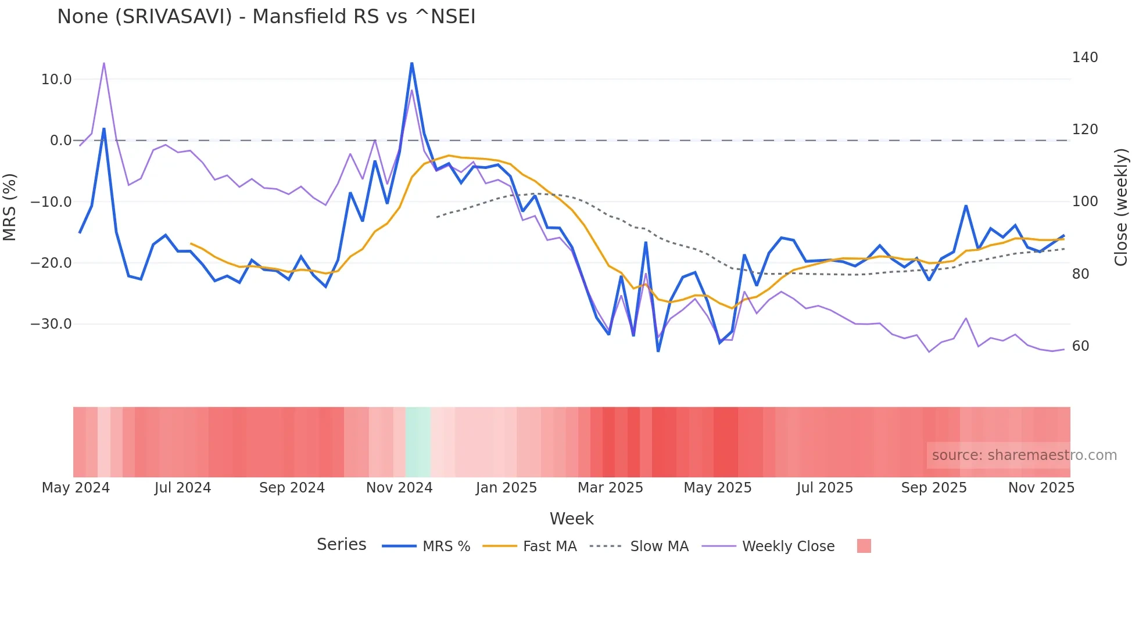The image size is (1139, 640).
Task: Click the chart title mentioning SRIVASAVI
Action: (x=266, y=17)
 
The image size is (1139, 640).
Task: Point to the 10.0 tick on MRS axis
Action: (x=56, y=80)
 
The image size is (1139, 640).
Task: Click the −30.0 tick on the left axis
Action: (x=51, y=324)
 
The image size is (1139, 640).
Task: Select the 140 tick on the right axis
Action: (x=1084, y=57)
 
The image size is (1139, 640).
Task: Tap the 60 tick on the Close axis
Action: (x=1080, y=346)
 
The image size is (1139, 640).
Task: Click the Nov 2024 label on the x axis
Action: (x=399, y=488)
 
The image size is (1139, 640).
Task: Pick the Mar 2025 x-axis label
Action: (x=610, y=488)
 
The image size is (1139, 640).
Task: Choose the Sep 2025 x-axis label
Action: (x=933, y=488)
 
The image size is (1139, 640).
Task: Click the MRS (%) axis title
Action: (x=10, y=207)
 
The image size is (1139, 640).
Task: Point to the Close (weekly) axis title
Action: (x=1121, y=207)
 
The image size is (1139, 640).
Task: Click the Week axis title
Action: (x=571, y=519)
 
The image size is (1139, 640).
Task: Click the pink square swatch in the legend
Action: (x=864, y=546)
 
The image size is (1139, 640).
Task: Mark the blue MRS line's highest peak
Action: (x=411, y=63)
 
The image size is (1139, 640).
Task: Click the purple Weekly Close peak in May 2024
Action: (x=104, y=63)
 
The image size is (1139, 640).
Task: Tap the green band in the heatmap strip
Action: (x=418, y=442)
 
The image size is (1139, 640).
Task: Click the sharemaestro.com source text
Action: (x=1024, y=455)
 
